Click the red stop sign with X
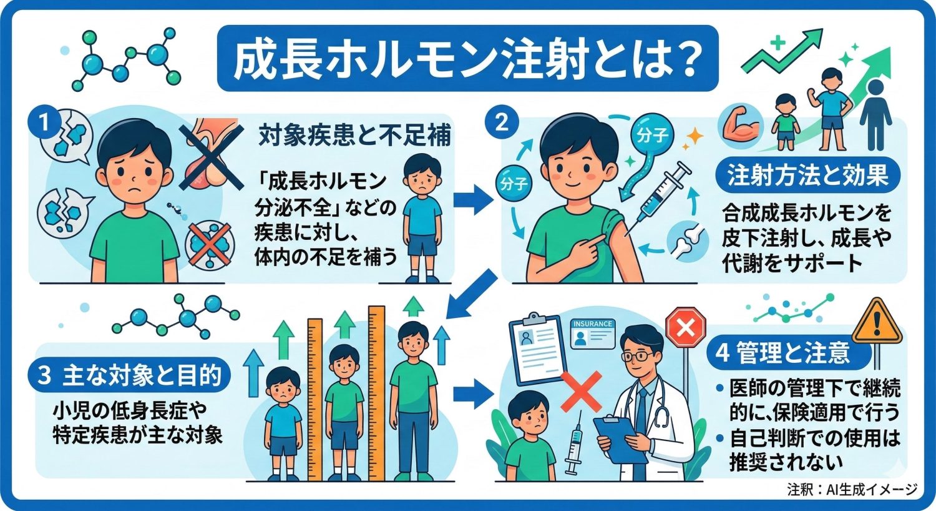coord(685,327)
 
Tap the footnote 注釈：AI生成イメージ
coord(852,489)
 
